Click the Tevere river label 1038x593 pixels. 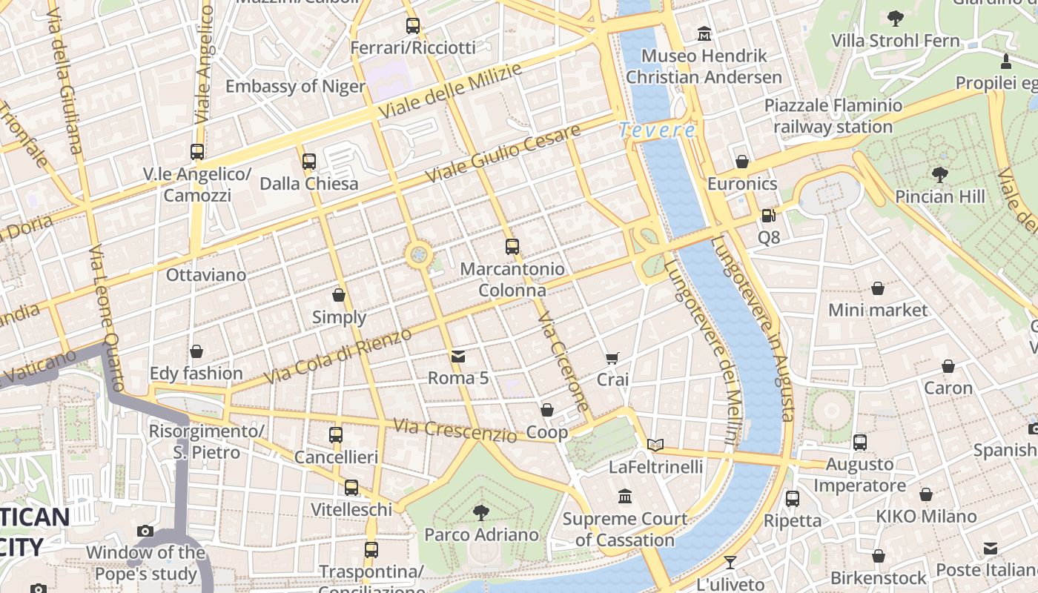[657, 130]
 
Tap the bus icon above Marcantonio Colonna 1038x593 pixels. [512, 247]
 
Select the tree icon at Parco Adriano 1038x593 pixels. [481, 512]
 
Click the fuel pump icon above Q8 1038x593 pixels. [769, 216]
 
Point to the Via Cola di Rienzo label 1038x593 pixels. [337, 357]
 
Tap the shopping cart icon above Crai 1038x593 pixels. [612, 359]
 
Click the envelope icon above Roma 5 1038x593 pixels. [458, 357]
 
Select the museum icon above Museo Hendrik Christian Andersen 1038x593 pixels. [704, 34]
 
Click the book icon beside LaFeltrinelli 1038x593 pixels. [655, 445]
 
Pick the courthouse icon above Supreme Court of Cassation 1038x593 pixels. [625, 496]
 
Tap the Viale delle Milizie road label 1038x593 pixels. [450, 90]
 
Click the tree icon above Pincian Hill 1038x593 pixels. [940, 175]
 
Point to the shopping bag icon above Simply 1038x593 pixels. [339, 295]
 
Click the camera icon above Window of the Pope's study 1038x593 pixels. [145, 531]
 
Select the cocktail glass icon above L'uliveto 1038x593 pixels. [730, 563]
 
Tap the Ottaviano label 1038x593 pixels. [205, 275]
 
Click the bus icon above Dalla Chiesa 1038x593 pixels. [309, 161]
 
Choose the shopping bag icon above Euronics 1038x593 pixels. [742, 162]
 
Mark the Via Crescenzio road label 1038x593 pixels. [454, 430]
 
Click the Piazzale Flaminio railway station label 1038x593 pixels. [833, 116]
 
